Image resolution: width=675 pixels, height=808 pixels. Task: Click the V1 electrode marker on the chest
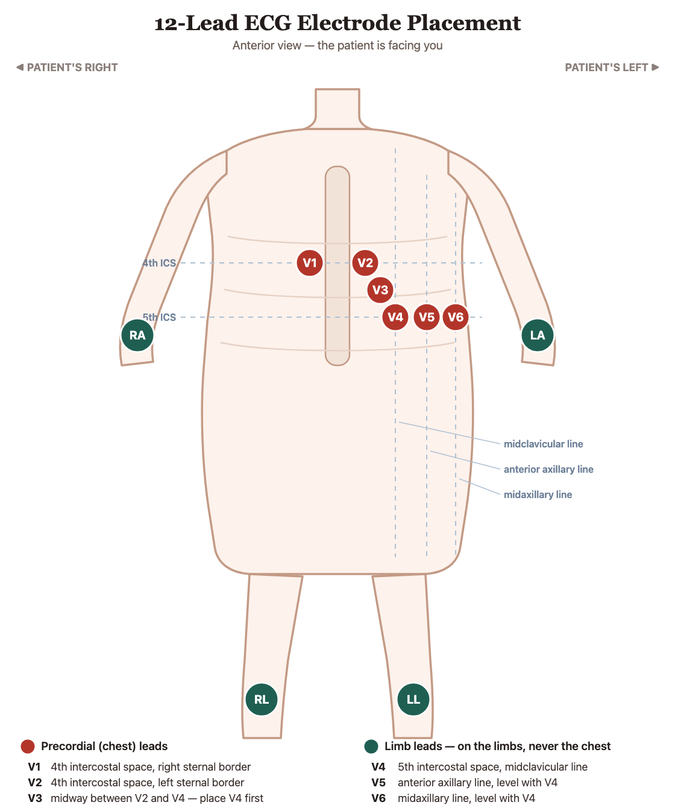[x=309, y=263]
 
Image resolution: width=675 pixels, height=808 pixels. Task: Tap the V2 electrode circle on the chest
[x=365, y=263]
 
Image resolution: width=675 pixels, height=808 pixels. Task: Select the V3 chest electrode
[x=380, y=289]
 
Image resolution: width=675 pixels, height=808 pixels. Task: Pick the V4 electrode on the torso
[x=395, y=317]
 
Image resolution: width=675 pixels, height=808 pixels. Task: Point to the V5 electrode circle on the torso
[x=426, y=317]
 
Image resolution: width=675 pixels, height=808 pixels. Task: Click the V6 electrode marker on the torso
[x=455, y=317]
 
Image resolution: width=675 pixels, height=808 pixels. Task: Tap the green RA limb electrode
[x=137, y=335]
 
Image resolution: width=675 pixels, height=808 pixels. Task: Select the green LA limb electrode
[x=538, y=335]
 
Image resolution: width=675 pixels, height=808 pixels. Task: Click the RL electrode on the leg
[x=262, y=699]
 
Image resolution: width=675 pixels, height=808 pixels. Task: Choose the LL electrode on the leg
[x=413, y=699]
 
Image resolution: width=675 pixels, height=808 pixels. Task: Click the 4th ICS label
[x=159, y=263]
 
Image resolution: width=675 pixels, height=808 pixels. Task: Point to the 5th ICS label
[x=159, y=317]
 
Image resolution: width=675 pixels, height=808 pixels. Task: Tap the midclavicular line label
[x=543, y=444]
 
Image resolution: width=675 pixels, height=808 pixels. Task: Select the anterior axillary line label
[x=548, y=469]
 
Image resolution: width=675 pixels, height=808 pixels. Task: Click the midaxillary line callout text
[x=538, y=494]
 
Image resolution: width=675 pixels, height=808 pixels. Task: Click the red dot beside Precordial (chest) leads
[x=28, y=746]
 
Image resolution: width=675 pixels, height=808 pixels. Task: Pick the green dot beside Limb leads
[x=371, y=746]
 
